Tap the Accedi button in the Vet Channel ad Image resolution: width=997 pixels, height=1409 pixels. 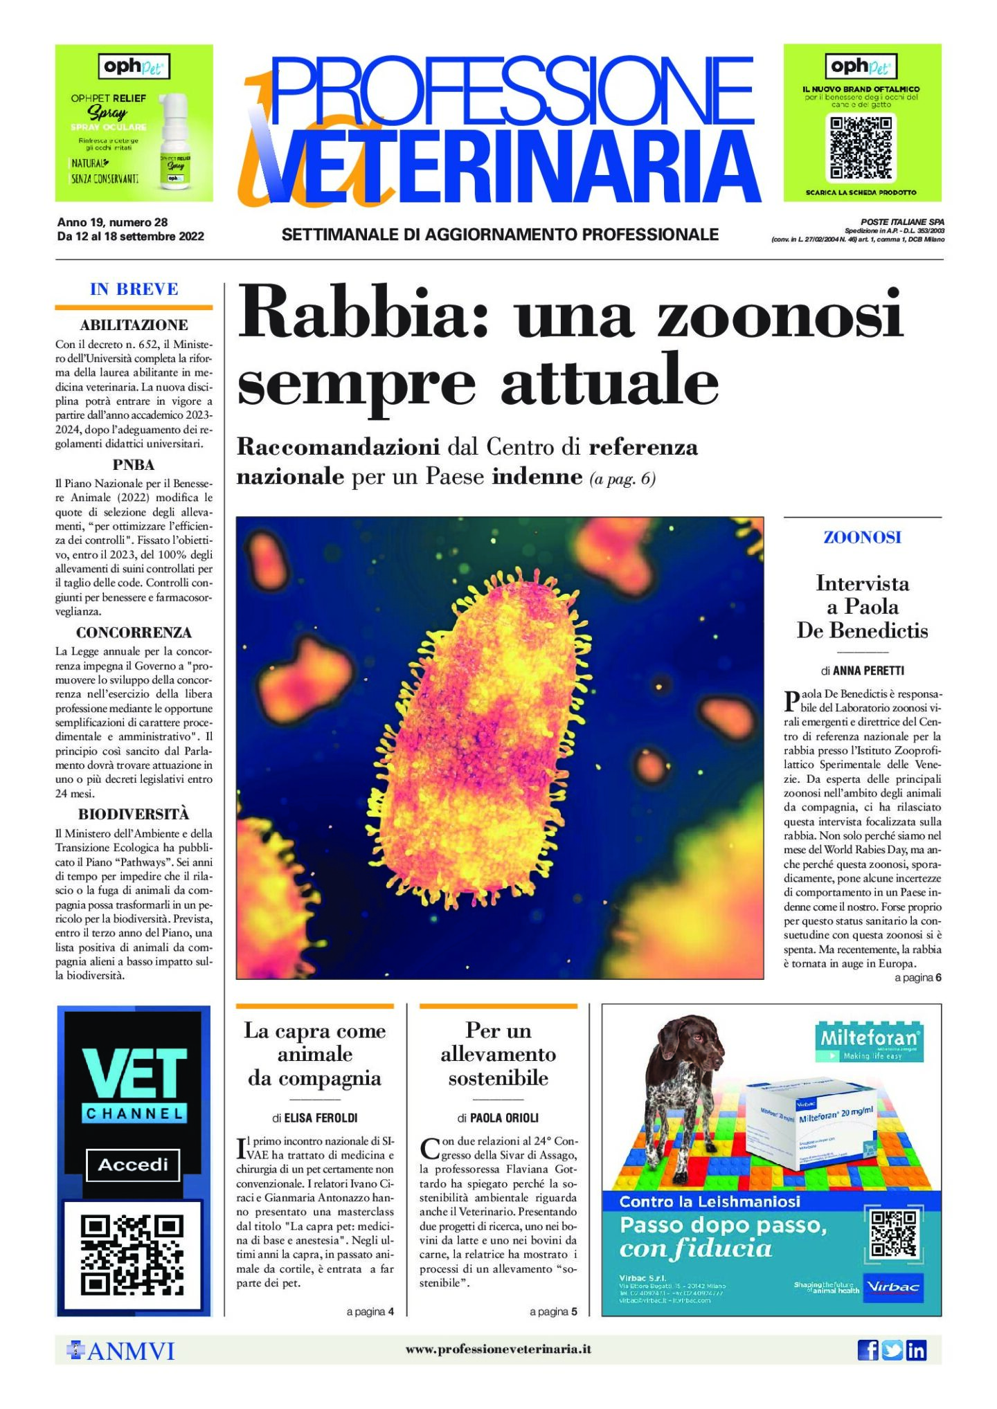(x=133, y=1165)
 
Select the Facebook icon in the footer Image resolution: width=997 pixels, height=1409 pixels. (x=868, y=1349)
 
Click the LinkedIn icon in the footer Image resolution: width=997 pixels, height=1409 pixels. (x=916, y=1349)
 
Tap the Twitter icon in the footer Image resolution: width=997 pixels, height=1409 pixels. (x=892, y=1349)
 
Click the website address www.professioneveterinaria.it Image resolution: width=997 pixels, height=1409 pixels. (x=498, y=1349)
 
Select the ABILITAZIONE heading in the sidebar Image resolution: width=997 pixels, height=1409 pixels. (x=134, y=325)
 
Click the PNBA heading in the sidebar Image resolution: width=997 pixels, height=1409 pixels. (x=134, y=465)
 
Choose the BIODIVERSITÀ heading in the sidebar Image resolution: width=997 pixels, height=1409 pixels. (x=134, y=814)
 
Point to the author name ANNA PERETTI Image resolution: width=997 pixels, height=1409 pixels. (x=868, y=671)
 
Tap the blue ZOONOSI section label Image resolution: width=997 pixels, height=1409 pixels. (x=862, y=537)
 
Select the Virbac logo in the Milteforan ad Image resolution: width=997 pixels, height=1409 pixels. (x=893, y=1287)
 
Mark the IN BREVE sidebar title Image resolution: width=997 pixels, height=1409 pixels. (x=134, y=289)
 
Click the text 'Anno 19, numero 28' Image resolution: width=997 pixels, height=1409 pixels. (x=112, y=222)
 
